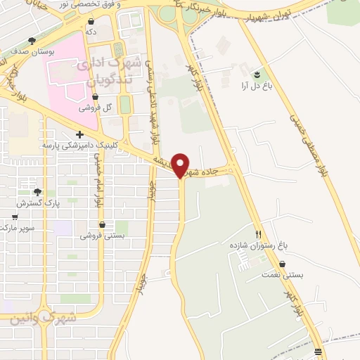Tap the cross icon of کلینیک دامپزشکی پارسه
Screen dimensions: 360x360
tap(79, 134)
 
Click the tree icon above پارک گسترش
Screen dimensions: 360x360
tap(37, 191)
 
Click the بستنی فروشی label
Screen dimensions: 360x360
tap(102, 236)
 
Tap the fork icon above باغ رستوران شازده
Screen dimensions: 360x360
tap(259, 233)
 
